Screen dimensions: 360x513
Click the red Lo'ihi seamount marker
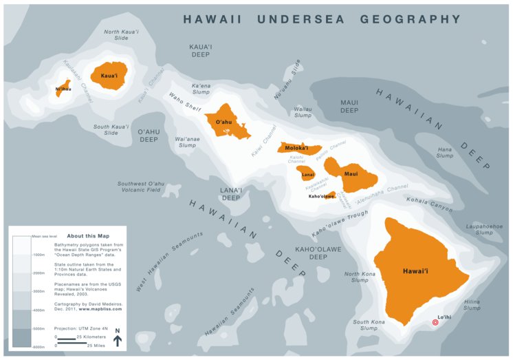[435, 322]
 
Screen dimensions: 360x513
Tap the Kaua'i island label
[109, 76]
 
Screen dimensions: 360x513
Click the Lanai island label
[308, 175]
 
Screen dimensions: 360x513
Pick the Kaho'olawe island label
[322, 196]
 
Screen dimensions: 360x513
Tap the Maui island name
[351, 174]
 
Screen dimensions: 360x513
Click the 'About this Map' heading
[86, 235]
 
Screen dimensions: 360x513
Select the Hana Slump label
[445, 152]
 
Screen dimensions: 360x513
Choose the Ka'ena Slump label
[201, 88]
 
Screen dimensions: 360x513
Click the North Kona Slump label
[360, 277]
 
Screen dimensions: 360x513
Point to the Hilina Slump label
[472, 304]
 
